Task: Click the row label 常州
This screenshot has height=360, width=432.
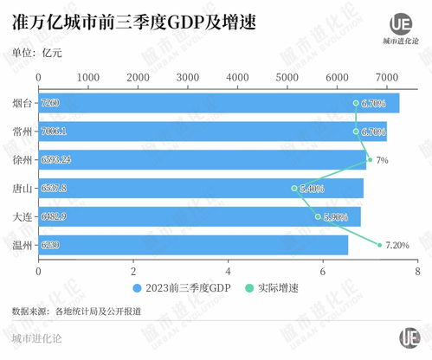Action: coord(23,132)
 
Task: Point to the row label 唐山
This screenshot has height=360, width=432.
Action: coord(23,188)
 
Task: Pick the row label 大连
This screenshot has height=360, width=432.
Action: coord(23,216)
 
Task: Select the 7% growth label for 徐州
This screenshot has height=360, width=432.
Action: coord(382,160)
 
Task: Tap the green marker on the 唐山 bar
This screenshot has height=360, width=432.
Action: coord(294,188)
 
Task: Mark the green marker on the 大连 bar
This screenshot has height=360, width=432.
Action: coord(318,216)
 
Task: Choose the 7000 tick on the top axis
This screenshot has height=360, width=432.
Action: coord(387,77)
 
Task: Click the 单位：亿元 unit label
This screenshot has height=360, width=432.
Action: coord(37,52)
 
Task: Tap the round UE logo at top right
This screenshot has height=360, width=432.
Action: coord(400,22)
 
